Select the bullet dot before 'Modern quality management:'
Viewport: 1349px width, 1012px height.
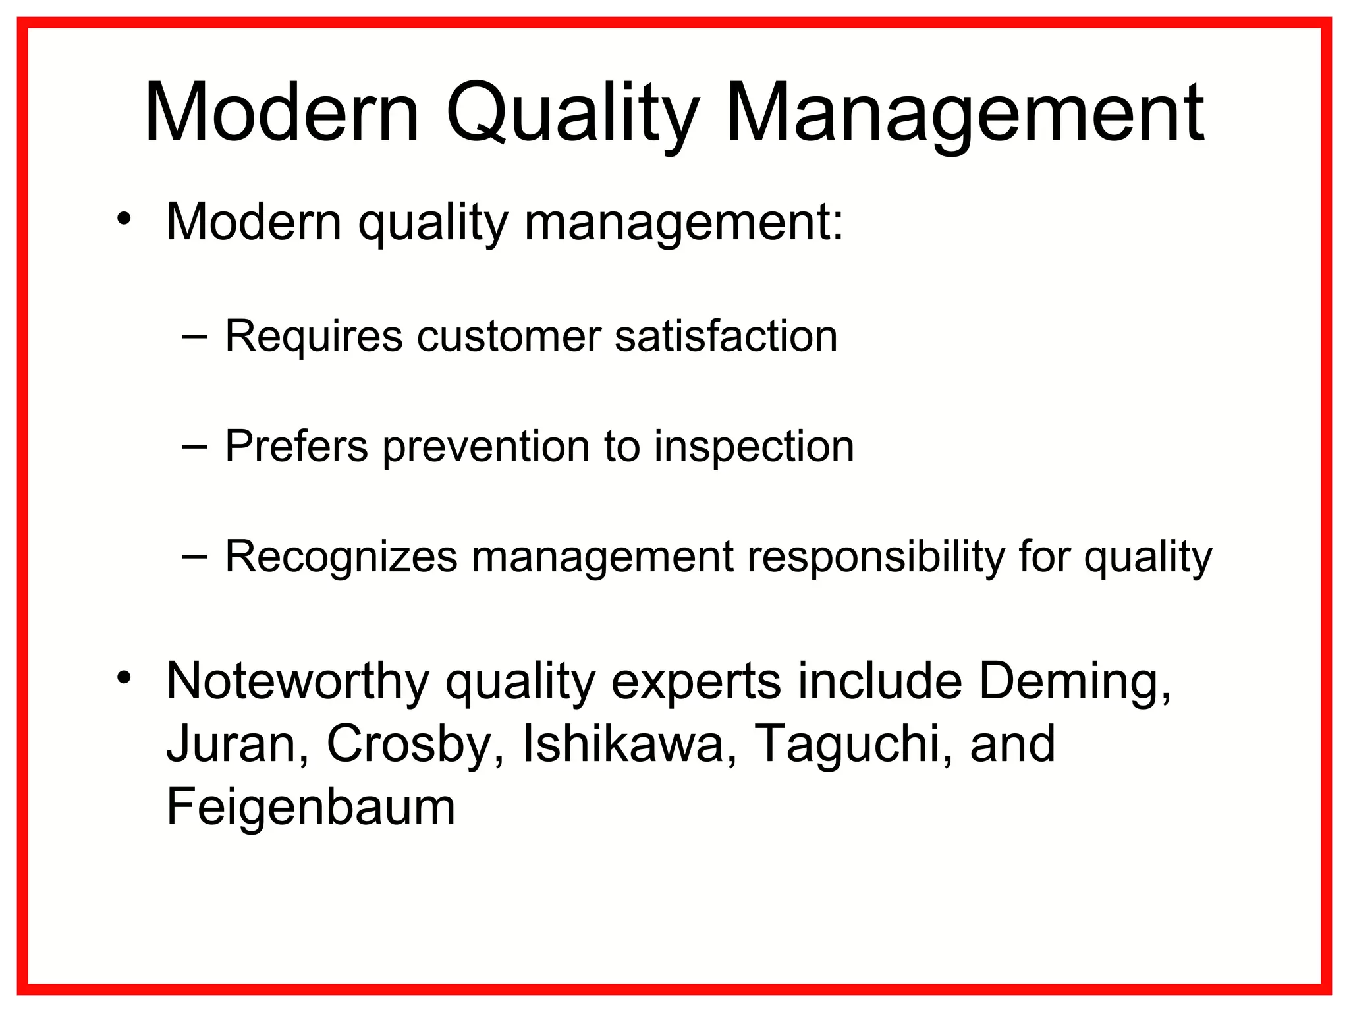(x=124, y=219)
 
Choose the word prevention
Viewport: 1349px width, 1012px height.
(x=486, y=448)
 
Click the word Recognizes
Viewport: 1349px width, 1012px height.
(x=341, y=557)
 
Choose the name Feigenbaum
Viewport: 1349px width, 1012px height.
(x=311, y=808)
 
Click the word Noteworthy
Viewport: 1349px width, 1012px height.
(x=298, y=683)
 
